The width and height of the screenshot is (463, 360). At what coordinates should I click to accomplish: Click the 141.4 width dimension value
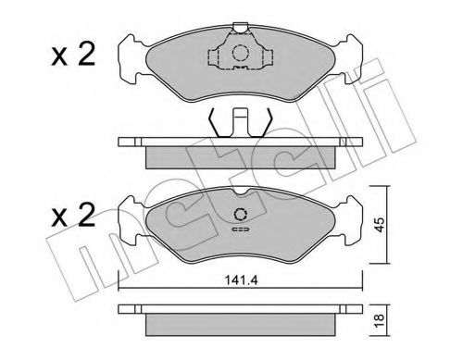click(x=241, y=280)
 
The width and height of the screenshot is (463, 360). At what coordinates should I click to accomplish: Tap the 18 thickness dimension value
click(x=380, y=321)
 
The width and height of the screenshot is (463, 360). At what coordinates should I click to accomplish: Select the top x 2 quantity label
click(x=73, y=55)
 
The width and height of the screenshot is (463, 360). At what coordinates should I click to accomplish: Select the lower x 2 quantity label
click(x=73, y=216)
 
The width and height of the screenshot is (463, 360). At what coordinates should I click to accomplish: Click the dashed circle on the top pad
click(x=240, y=53)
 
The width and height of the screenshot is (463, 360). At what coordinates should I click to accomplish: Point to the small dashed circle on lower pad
click(x=240, y=214)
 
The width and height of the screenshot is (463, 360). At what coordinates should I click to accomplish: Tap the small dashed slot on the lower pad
click(x=241, y=230)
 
